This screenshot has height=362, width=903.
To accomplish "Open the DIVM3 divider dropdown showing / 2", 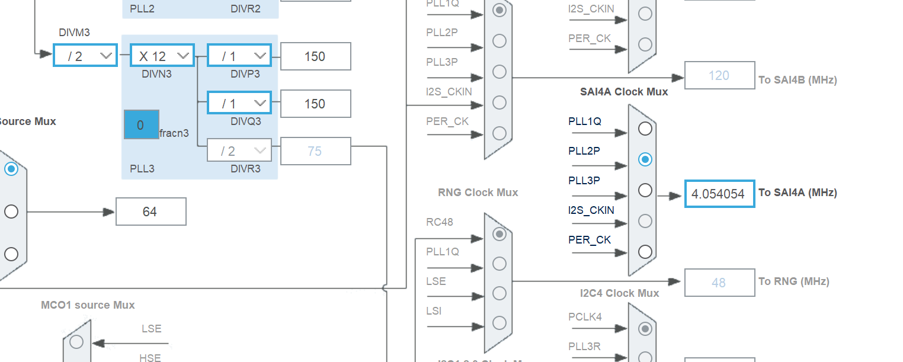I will (x=85, y=56).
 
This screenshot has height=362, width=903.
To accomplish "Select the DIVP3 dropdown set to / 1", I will (x=239, y=56).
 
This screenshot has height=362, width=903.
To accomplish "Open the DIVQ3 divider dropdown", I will (x=239, y=103).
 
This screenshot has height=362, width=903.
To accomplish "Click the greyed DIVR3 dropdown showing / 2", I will (x=239, y=150).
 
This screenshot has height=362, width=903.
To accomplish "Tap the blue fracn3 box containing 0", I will (x=141, y=124).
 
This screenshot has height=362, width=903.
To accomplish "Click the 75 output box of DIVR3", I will (x=315, y=151).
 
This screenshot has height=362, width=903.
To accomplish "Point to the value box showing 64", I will (x=150, y=212).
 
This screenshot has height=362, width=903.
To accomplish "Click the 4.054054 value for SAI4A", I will (x=719, y=193).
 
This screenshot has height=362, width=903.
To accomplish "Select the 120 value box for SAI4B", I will (x=719, y=75).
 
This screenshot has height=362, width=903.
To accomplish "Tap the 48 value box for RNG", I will (x=719, y=283).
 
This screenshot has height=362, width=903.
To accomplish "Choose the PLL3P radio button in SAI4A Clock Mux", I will (x=645, y=190).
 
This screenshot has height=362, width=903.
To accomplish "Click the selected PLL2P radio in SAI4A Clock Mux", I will (x=645, y=159).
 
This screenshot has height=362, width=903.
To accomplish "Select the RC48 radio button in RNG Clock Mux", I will (x=499, y=234).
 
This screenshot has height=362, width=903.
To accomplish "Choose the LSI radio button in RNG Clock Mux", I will (x=499, y=322).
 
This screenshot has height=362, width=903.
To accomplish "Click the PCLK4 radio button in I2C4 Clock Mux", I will (x=645, y=328).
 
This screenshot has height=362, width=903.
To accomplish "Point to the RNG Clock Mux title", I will (x=478, y=193).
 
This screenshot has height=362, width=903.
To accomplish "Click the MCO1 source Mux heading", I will (x=88, y=305).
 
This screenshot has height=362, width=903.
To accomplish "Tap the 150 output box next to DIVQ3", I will (x=315, y=104).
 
